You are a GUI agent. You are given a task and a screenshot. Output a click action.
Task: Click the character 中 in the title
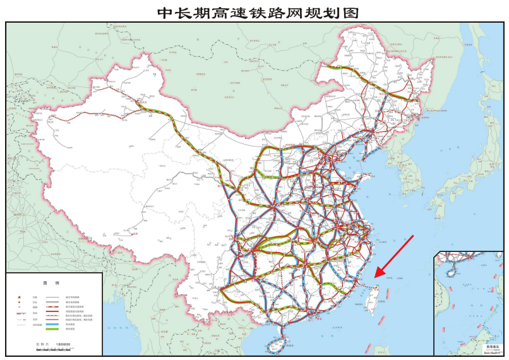(x=165, y=11)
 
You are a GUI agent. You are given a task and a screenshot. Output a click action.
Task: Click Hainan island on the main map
(x=276, y=345)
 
